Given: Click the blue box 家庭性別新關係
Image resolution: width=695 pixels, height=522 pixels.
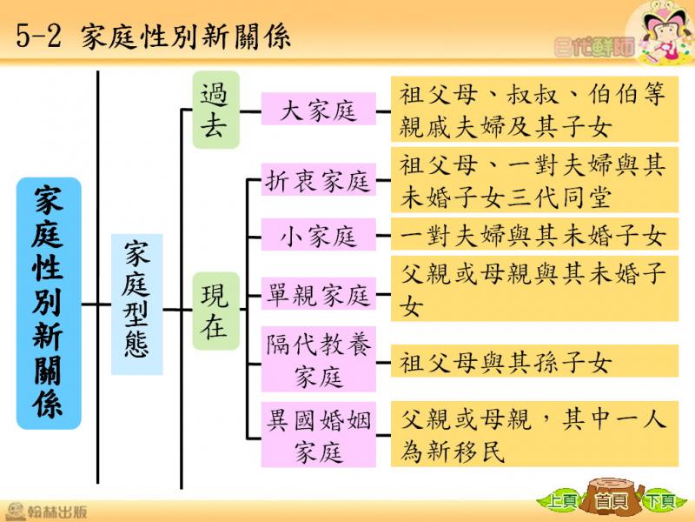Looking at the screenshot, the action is coord(49,303).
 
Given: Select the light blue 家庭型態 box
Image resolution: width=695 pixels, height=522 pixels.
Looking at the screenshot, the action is coord(136,304).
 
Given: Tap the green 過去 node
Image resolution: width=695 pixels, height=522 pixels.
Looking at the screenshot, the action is coord(215,110).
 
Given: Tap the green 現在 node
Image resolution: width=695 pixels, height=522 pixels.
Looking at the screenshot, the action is coord(215,311).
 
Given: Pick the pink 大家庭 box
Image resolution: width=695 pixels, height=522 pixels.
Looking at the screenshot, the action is coord(318,109).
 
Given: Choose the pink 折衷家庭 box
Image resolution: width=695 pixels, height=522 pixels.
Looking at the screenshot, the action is coord(318,180).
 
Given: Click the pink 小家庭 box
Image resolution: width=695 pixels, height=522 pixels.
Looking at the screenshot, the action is coord(318,234).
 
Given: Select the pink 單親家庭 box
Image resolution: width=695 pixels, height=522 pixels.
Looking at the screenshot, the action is coord(318,294).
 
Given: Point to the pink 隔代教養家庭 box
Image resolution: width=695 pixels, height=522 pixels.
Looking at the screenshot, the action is coord(318,359).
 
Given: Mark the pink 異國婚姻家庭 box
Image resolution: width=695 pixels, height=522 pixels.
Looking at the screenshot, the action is coord(318,434).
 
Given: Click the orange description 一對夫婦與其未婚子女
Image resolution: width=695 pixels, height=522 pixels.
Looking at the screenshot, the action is coord(534,234).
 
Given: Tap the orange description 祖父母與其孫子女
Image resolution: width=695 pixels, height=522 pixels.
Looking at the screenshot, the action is coord(534,361).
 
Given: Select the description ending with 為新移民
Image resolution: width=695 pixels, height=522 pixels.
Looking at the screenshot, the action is coord(534,433).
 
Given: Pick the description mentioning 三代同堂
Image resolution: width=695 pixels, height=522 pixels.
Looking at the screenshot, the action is coord(534,180).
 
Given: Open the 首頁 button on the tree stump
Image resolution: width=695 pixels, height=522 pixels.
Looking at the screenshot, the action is coord(612,501).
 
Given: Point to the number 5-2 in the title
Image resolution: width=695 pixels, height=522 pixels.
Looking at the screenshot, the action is coord(38,36).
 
